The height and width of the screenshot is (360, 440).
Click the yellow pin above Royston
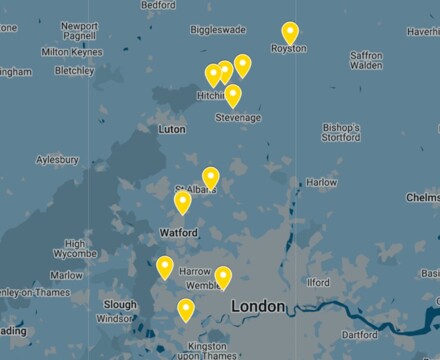click(x=290, y=33)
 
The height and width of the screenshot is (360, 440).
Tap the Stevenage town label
click(x=238, y=117)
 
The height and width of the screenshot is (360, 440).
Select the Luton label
click(x=172, y=129)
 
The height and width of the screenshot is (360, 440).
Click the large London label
click(x=258, y=305)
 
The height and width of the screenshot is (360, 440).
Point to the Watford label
click(x=178, y=232)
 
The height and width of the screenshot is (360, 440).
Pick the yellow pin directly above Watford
click(x=183, y=203)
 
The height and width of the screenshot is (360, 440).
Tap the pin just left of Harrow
click(x=165, y=267)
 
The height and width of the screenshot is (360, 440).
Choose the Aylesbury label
click(x=57, y=159)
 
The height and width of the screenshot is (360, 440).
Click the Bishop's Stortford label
click(x=341, y=133)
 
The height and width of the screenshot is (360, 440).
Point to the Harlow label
click(x=321, y=183)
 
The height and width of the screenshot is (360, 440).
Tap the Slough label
click(x=119, y=304)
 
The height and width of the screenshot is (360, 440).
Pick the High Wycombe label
click(x=75, y=250)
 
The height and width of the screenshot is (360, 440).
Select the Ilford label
click(x=318, y=283)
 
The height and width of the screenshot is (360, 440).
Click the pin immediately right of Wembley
click(x=223, y=277)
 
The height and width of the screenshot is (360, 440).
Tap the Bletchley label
click(x=74, y=71)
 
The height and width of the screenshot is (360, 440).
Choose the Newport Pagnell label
click(x=79, y=32)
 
